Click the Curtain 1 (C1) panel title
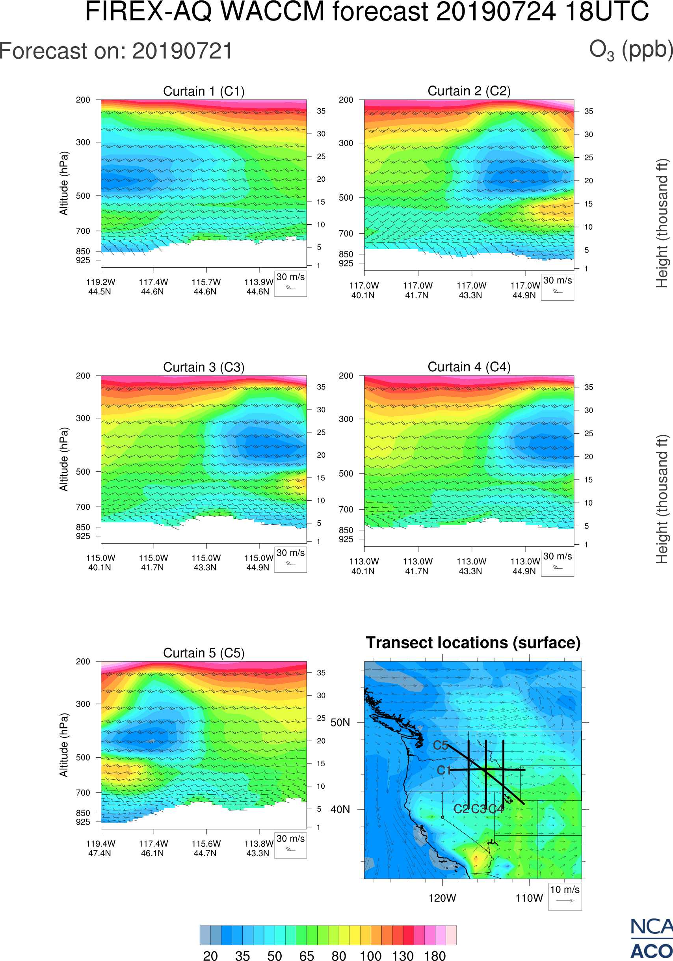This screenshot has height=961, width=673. click(204, 91)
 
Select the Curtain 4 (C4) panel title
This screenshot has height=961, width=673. click(469, 367)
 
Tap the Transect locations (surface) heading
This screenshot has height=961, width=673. click(473, 643)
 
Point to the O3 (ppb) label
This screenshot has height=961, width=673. click(631, 50)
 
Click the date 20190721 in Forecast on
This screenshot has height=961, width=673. click(182, 51)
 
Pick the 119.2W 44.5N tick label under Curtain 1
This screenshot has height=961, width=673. click(100, 287)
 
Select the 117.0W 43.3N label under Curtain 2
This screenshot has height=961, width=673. click(471, 290)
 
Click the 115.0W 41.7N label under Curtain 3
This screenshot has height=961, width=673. click(153, 562)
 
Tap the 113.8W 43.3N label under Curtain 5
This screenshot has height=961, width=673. click(258, 848)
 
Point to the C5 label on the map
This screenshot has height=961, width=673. click(440, 745)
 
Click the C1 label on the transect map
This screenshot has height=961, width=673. click(444, 770)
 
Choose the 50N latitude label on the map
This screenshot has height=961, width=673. click(340, 723)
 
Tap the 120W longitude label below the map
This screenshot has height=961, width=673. click(442, 898)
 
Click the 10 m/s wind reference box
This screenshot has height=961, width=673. click(565, 896)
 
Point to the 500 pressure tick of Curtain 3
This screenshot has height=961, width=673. click(83, 472)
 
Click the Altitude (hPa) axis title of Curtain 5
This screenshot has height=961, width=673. click(63, 745)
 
